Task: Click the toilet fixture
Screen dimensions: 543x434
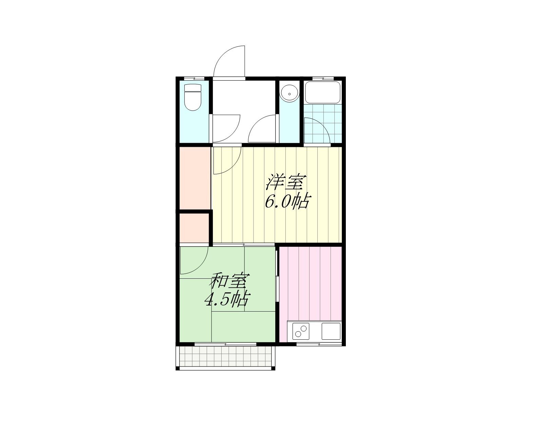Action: pyautogui.click(x=192, y=97)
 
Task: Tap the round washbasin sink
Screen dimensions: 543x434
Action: pyautogui.click(x=289, y=94)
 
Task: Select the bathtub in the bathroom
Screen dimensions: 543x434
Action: pyautogui.click(x=322, y=92)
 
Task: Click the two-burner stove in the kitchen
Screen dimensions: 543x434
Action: pyautogui.click(x=301, y=331)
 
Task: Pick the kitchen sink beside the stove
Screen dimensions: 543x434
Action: pyautogui.click(x=331, y=331)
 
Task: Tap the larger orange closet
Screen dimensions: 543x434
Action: pyautogui.click(x=195, y=178)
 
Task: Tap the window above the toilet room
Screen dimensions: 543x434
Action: pyautogui.click(x=194, y=78)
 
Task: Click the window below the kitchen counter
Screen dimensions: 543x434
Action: pyautogui.click(x=319, y=344)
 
